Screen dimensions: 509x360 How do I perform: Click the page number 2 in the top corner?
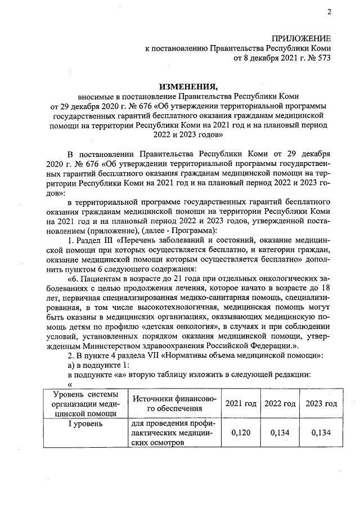[329, 12]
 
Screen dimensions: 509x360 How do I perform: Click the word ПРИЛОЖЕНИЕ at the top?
[301, 38]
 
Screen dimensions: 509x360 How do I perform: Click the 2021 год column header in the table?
[241, 404]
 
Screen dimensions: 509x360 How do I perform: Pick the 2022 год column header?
[280, 404]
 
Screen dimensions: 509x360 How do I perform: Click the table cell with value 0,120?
[241, 433]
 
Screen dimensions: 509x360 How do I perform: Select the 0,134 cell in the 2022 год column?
[280, 433]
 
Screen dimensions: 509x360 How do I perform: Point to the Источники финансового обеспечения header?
[174, 403]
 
